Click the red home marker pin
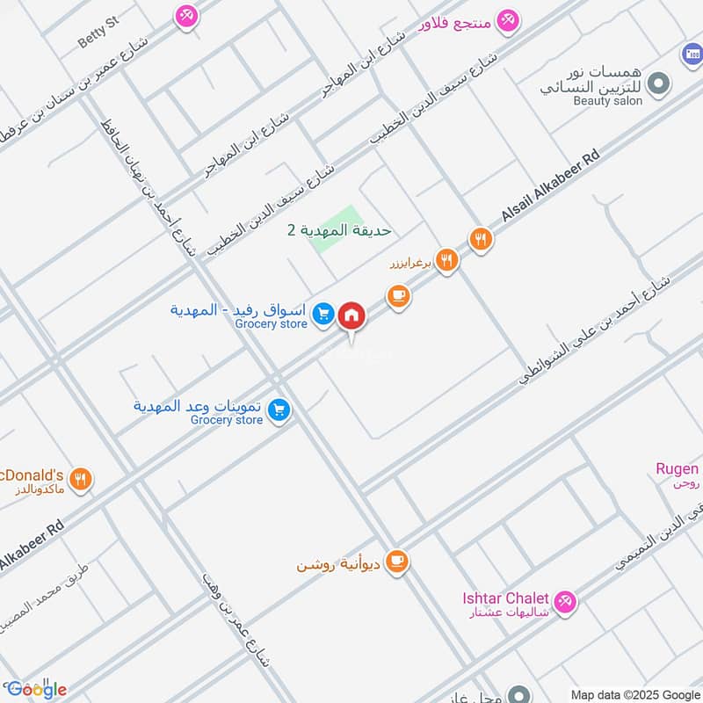351,315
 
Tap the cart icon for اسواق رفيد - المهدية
323,313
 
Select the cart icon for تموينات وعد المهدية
279,409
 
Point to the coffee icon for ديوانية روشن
398,561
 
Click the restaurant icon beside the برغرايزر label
447,261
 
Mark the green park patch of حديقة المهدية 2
339,230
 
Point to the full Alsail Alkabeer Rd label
550,186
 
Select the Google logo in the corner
35,689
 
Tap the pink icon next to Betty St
186,15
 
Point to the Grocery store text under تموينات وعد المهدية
227,420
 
